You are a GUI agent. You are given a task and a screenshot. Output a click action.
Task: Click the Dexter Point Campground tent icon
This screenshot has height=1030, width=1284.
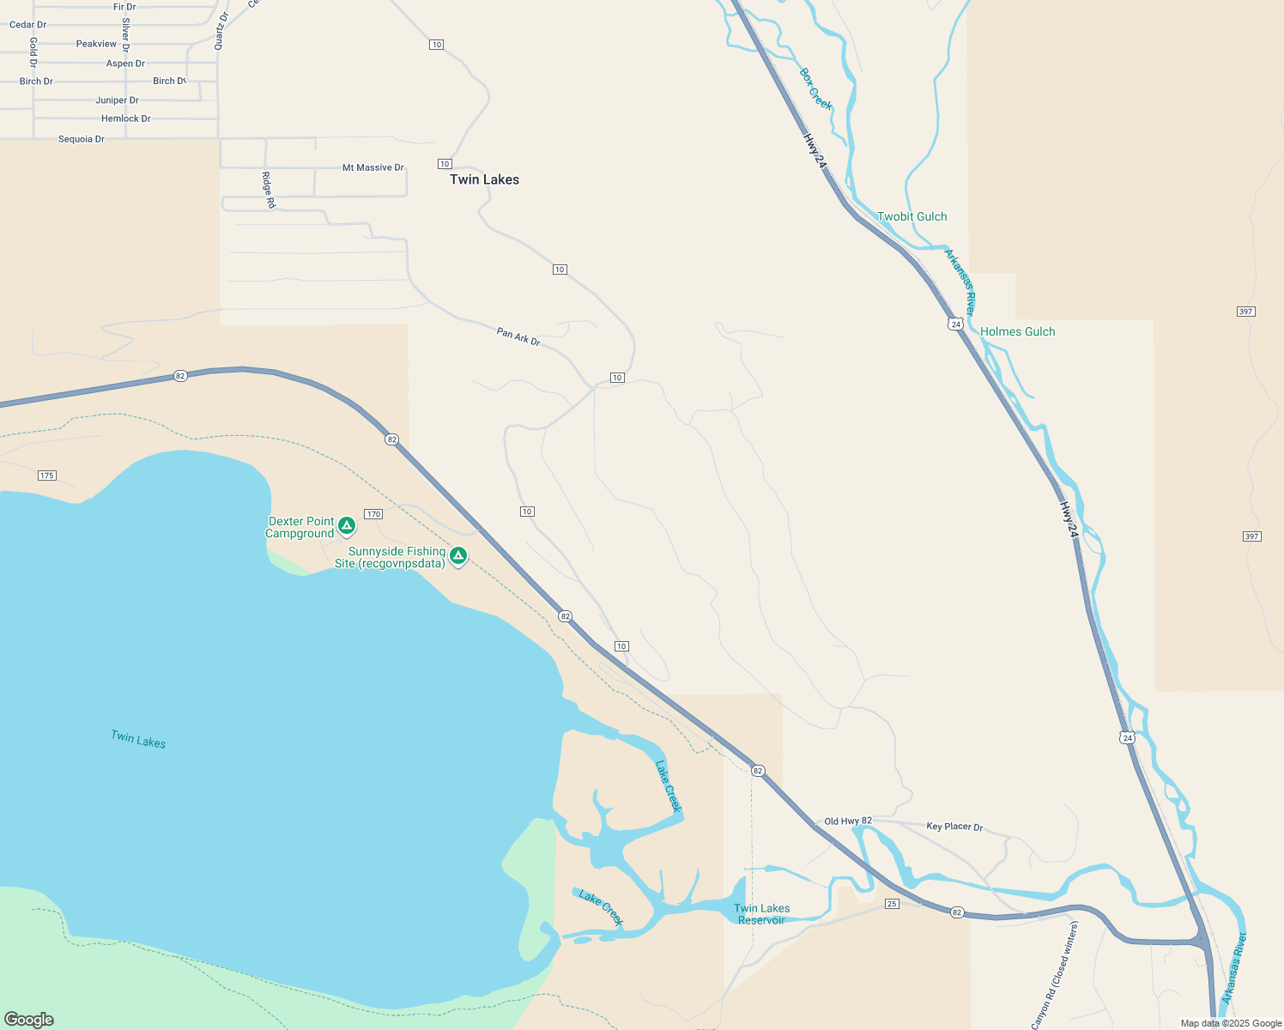pyautogui.click(x=347, y=525)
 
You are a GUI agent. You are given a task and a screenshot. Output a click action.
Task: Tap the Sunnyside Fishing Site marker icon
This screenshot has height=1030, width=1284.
pyautogui.click(x=458, y=556)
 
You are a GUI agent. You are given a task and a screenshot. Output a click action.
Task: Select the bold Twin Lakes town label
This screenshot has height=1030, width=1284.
pyautogui.click(x=484, y=179)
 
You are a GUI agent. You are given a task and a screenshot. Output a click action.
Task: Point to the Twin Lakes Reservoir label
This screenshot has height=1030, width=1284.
pyautogui.click(x=761, y=914)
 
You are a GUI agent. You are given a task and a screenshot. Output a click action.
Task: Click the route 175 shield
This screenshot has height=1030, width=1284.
pyautogui.click(x=47, y=476)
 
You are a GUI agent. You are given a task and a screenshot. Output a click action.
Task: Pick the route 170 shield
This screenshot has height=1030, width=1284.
pyautogui.click(x=372, y=514)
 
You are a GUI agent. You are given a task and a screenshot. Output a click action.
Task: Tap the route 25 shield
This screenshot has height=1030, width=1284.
pyautogui.click(x=892, y=904)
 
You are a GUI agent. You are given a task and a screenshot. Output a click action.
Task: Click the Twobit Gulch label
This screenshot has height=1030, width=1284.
pyautogui.click(x=912, y=217)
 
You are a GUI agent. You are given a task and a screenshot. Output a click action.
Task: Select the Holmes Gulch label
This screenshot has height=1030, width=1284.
pyautogui.click(x=1017, y=332)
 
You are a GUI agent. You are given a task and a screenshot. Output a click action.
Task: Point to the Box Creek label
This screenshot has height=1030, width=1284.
pyautogui.click(x=815, y=89)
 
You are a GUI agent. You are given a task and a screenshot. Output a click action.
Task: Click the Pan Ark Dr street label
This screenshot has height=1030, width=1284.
pyautogui.click(x=518, y=336)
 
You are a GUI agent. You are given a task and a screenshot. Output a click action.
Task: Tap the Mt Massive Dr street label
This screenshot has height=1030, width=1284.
pyautogui.click(x=372, y=168)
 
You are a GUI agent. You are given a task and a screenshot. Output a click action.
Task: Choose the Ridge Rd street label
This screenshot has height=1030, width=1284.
pyautogui.click(x=269, y=190)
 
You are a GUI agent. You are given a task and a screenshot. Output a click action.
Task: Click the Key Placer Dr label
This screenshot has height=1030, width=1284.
pyautogui.click(x=954, y=827)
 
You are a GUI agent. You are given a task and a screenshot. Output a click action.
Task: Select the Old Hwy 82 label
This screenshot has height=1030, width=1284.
pyautogui.click(x=848, y=821)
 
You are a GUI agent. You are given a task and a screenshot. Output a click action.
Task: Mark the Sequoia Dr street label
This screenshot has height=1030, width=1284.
pyautogui.click(x=82, y=139)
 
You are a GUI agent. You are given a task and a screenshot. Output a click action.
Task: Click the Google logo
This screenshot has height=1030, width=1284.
pyautogui.click(x=29, y=1020)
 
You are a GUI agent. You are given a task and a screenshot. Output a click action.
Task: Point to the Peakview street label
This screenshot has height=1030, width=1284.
pyautogui.click(x=96, y=44)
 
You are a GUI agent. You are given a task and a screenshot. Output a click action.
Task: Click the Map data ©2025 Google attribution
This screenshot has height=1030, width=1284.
pyautogui.click(x=1231, y=1023)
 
